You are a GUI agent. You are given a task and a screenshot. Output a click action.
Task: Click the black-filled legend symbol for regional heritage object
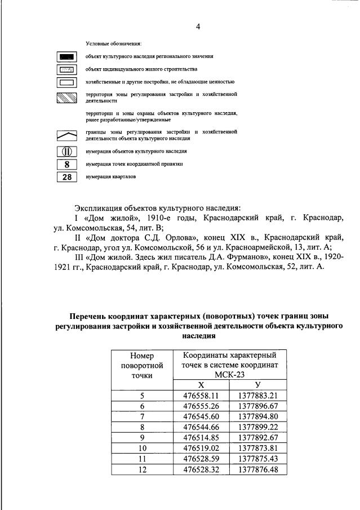coord(67,57)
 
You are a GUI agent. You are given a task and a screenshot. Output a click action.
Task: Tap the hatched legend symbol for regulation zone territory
coord(67,97)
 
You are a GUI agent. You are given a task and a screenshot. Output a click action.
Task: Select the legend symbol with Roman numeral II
coord(67,151)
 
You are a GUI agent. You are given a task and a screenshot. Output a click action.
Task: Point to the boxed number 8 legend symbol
coord(67,164)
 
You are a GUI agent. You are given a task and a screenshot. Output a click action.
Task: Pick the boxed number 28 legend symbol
coord(67,177)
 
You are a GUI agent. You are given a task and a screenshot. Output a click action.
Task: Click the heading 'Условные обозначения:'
coord(113,43)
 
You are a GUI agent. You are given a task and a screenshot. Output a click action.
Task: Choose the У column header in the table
coord(258,384)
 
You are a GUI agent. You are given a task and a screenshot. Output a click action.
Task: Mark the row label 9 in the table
coord(142,438)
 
